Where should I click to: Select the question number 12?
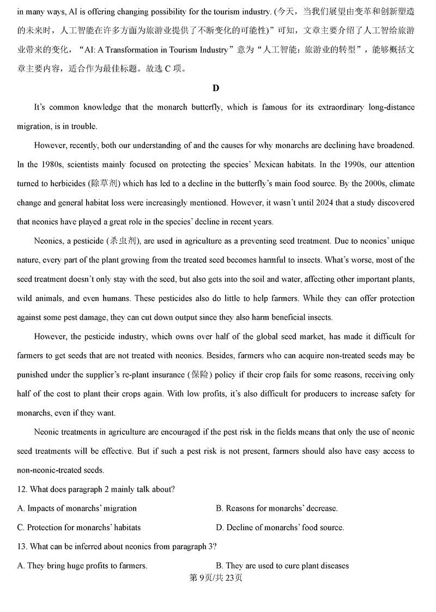pyautogui.click(x=22, y=489)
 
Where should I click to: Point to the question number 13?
pyautogui.click(x=22, y=547)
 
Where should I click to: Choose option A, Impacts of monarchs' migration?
pyautogui.click(x=77, y=508)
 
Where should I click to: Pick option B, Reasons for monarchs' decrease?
pyautogui.click(x=277, y=508)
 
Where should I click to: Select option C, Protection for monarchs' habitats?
pyautogui.click(x=79, y=528)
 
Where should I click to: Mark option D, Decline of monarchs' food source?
pyautogui.click(x=280, y=528)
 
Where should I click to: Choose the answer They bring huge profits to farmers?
pyautogui.click(x=82, y=566)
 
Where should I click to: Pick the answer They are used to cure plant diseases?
pyautogui.click(x=282, y=566)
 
